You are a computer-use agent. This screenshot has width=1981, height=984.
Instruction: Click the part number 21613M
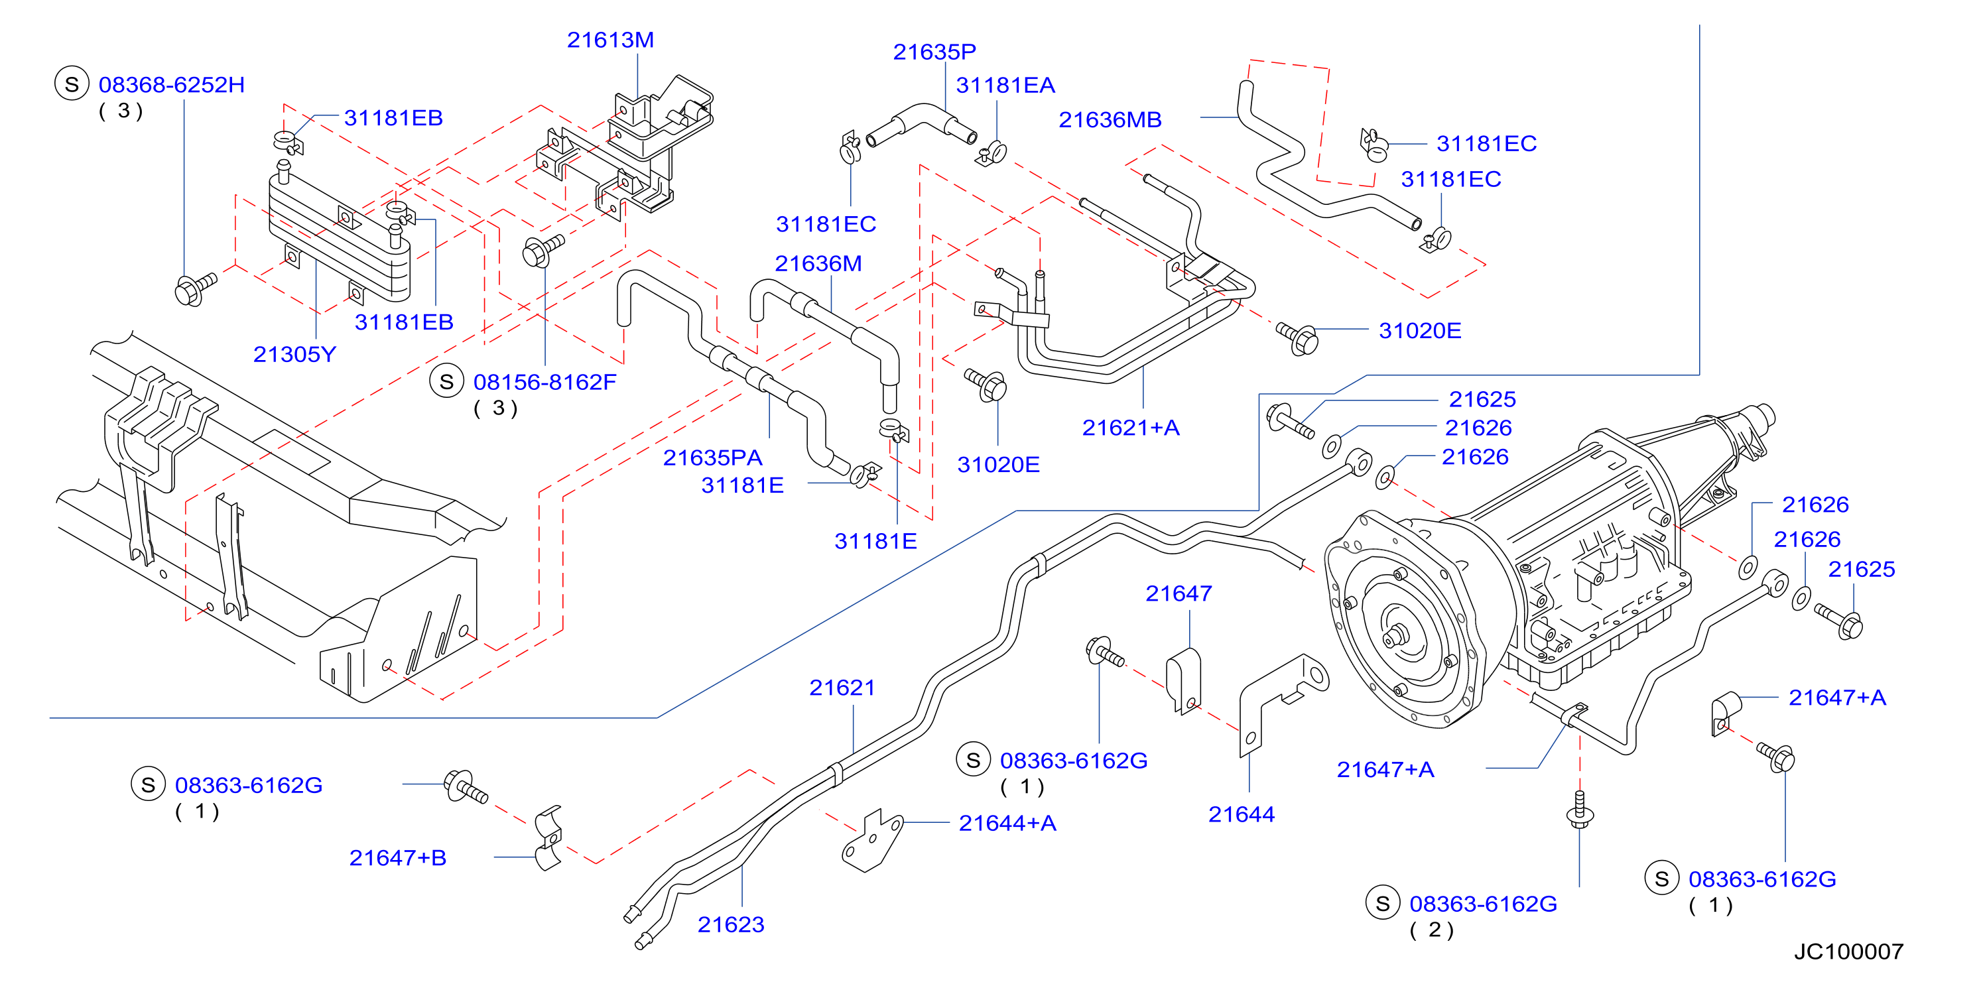point(610,40)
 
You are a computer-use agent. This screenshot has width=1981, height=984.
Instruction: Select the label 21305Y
point(294,354)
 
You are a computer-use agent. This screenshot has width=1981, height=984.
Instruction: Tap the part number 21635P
point(934,52)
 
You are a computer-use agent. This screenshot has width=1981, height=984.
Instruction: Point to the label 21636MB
point(1110,120)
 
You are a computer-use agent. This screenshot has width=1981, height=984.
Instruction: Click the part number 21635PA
point(712,458)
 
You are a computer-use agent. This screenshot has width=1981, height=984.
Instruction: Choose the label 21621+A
point(1131,428)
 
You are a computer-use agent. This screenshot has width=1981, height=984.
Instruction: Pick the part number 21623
point(731,925)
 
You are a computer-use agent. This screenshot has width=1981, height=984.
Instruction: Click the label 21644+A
point(1007,824)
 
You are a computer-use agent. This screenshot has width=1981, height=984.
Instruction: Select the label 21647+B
point(397,858)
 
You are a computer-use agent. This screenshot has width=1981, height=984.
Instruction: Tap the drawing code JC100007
point(1849,952)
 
